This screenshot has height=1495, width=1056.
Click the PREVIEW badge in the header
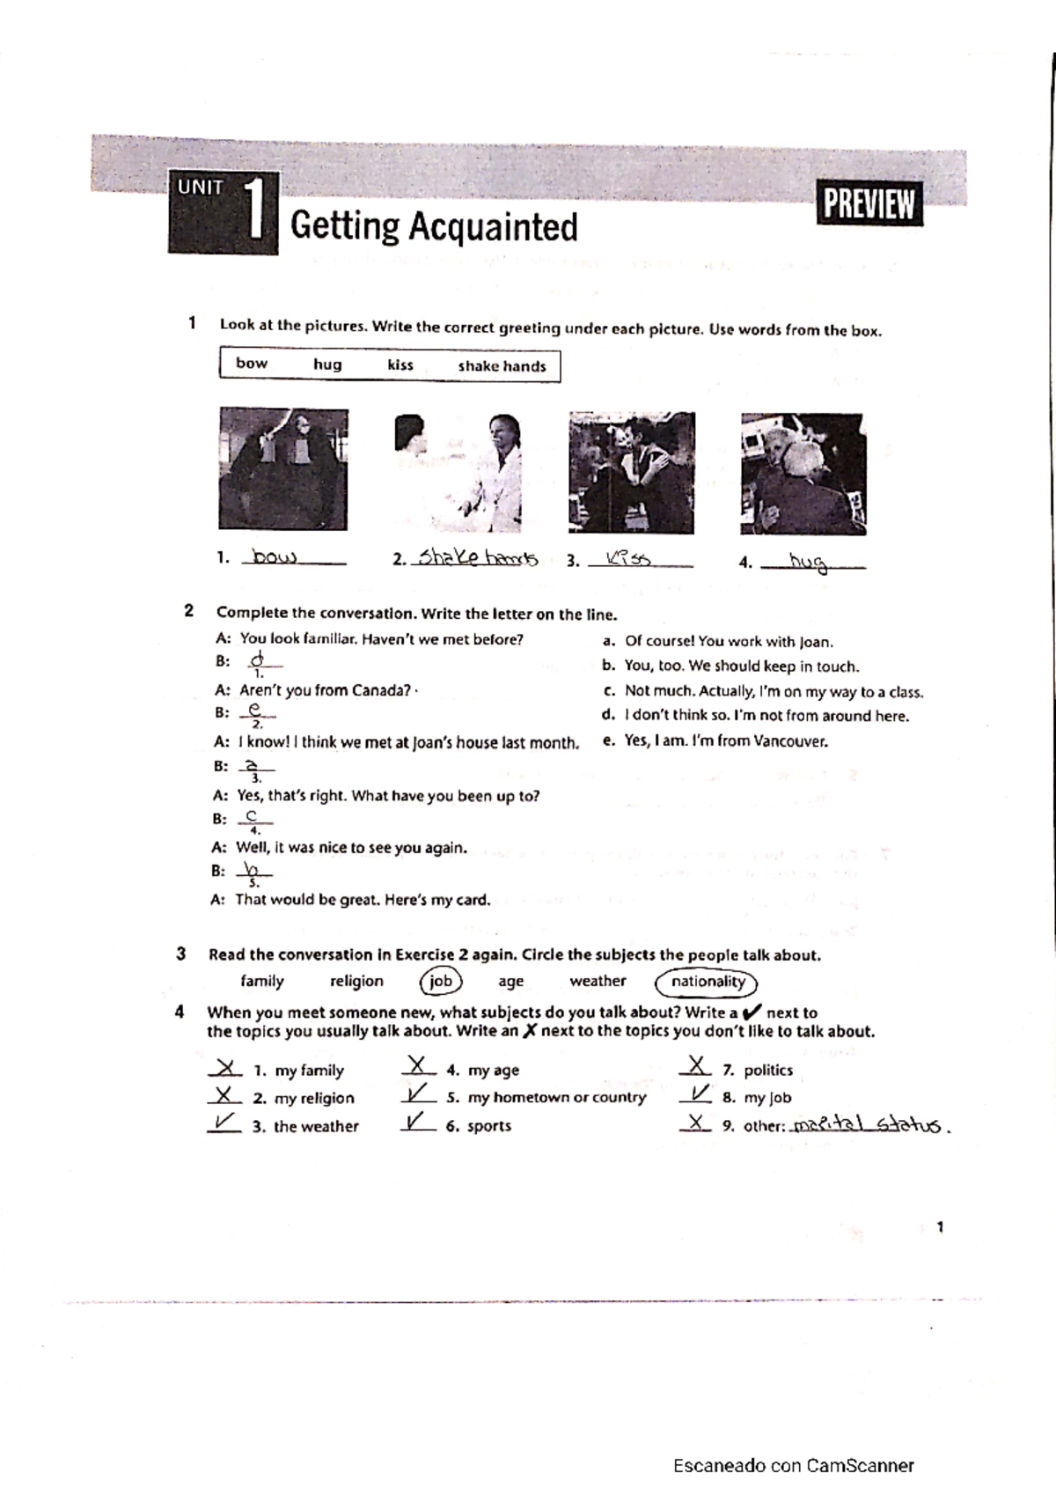coord(869,204)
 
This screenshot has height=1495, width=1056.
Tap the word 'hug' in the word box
coord(327,365)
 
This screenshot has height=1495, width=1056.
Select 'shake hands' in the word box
coord(502,366)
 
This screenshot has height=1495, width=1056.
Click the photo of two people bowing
coord(282,468)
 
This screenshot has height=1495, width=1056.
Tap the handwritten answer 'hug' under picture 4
coord(808,562)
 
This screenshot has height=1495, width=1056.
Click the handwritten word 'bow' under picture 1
coord(275,556)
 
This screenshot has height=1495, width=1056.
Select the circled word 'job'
coord(441,981)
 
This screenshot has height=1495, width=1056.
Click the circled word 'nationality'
coord(707,982)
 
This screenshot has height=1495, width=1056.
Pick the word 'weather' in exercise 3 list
coord(598,981)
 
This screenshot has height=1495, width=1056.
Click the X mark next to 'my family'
coord(225,1068)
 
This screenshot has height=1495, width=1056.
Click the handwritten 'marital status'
coord(867,1124)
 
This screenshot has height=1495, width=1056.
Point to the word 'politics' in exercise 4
coord(768,1071)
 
